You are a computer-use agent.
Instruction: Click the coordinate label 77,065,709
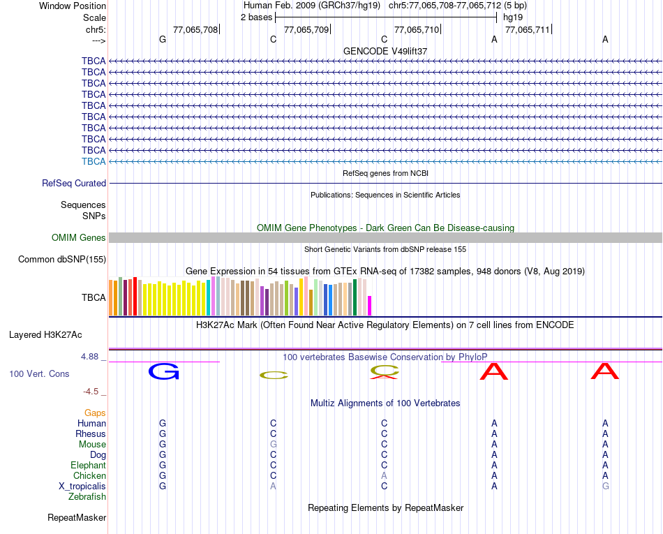tap(306, 29)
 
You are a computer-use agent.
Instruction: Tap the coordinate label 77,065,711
tap(527, 29)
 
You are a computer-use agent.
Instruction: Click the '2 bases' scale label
tap(256, 17)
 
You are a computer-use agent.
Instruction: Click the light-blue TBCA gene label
tap(94, 161)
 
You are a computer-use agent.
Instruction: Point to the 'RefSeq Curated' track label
tap(74, 183)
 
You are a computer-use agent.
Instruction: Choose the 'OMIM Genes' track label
tap(79, 237)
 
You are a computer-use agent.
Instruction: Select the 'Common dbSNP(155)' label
tap(61, 259)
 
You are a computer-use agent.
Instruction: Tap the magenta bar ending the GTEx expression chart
tap(370, 306)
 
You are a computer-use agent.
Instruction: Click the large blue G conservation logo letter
tap(163, 371)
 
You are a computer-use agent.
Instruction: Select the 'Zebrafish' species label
tap(87, 496)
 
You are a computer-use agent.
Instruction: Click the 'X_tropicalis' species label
tap(82, 486)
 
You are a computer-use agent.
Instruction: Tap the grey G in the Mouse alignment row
tap(274, 444)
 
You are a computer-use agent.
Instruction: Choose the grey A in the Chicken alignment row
tap(384, 475)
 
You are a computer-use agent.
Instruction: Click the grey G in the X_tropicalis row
tap(605, 486)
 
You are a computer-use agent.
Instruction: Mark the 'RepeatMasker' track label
tap(77, 518)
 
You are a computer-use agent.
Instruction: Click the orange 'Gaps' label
tap(95, 413)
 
